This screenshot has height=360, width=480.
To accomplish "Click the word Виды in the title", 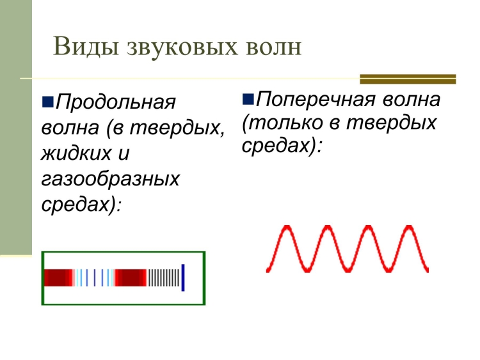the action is point(86,47).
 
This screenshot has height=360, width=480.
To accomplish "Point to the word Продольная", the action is point(116,102).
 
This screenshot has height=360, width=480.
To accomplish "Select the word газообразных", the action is point(110,178).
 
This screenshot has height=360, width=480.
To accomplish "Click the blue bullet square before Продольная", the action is point(48,102).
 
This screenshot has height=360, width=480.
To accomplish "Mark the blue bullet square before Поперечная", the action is point(248,99).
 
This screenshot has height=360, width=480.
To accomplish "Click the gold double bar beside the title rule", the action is point(408,79).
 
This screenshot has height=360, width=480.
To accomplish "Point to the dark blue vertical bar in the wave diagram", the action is point(183,278).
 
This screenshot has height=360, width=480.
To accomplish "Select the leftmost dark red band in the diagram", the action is point(58,278).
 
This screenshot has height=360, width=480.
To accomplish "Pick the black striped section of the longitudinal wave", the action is point(164,278).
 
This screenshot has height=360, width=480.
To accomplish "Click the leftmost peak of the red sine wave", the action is point(286,226).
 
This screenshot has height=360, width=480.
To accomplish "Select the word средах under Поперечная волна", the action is point(278,146).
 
